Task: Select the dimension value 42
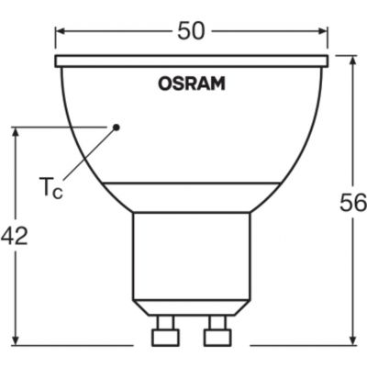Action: (x=15, y=236)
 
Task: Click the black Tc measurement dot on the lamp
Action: (x=117, y=127)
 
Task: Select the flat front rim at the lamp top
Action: (x=192, y=61)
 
